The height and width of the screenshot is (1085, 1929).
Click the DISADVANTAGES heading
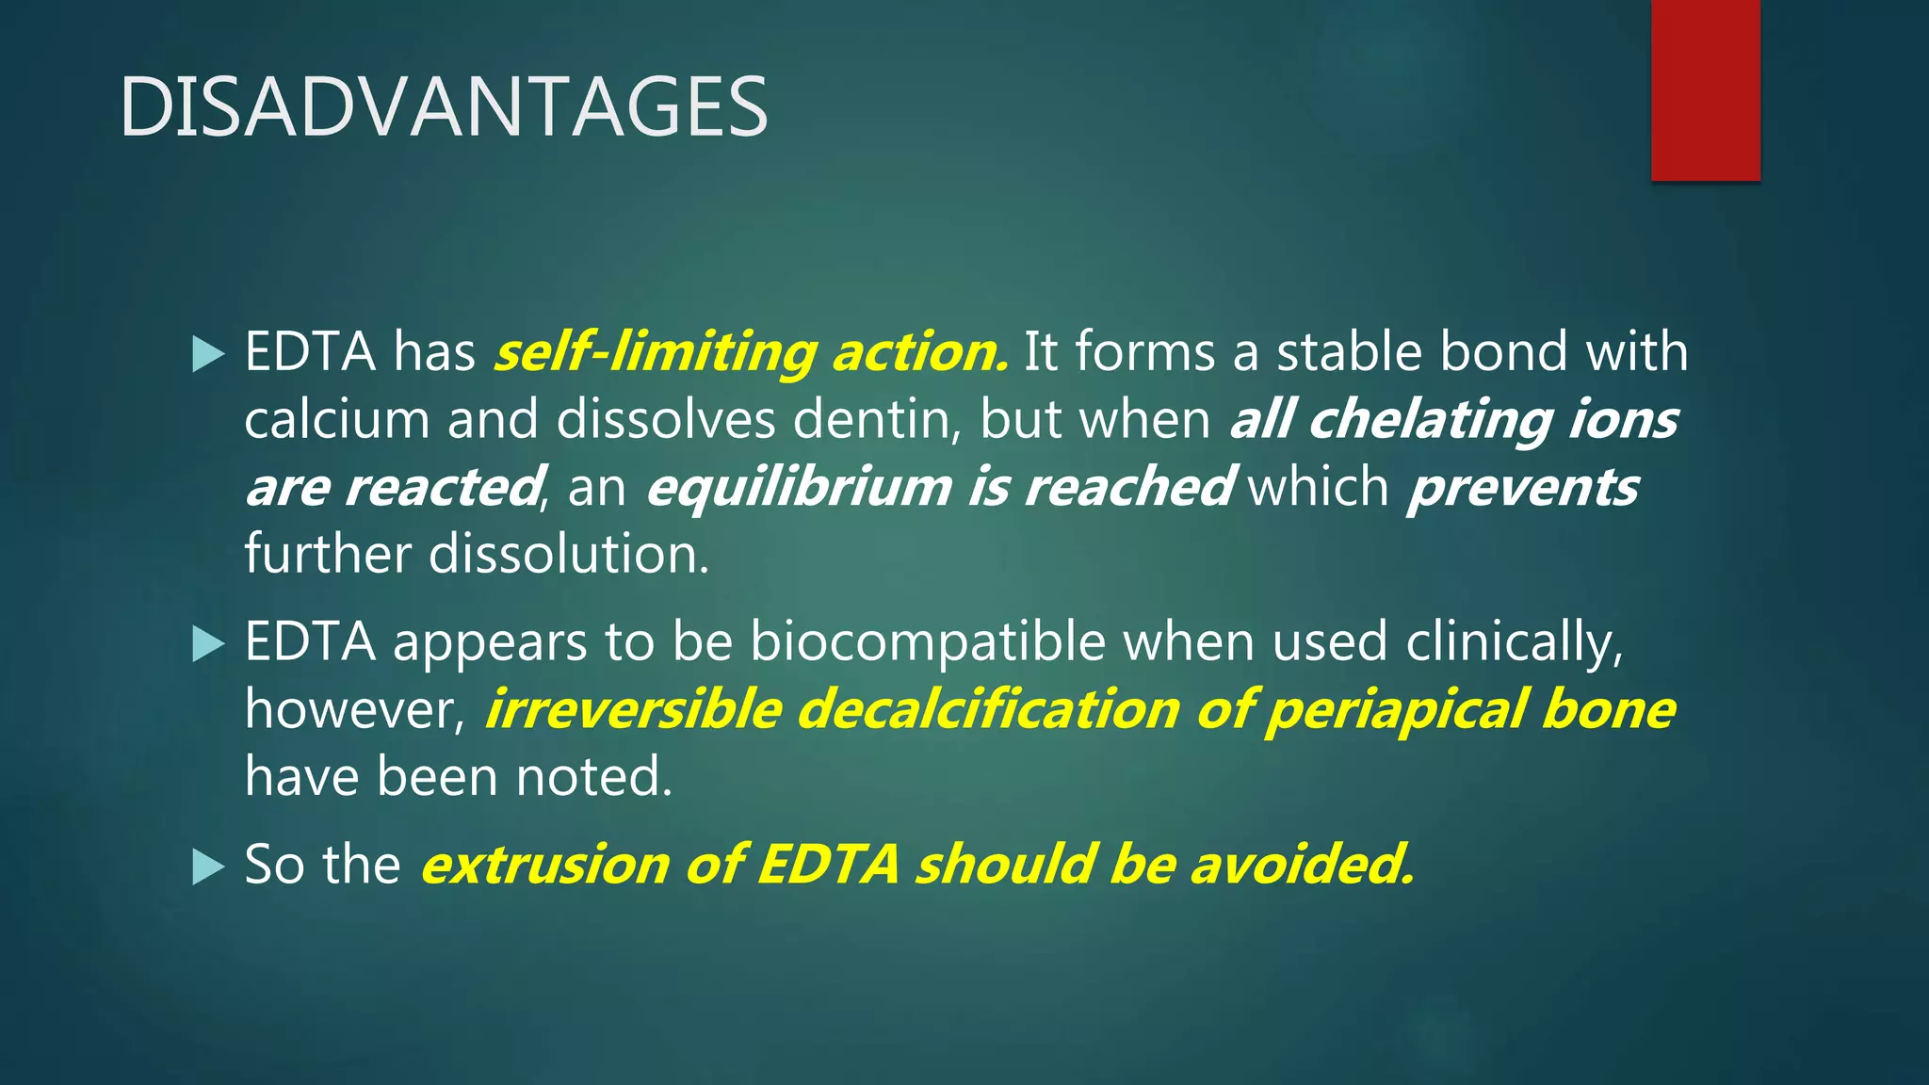(444, 107)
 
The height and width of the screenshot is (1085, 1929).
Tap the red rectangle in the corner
(1705, 89)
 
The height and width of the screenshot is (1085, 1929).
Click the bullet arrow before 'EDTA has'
(208, 355)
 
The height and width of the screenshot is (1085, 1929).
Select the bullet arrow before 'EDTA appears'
(208, 645)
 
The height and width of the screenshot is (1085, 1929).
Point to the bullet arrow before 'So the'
(208, 867)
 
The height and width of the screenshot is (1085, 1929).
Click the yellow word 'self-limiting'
(656, 353)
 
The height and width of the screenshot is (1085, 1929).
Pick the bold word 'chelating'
(1430, 419)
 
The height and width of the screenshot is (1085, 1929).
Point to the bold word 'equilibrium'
(799, 488)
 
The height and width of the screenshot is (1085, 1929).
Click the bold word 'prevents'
(1523, 488)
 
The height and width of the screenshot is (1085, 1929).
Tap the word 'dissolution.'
(569, 554)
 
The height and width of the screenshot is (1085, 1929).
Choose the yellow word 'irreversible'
(633, 709)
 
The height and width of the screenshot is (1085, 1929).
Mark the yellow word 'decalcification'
(988, 709)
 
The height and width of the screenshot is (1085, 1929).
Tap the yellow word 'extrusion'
(544, 865)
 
